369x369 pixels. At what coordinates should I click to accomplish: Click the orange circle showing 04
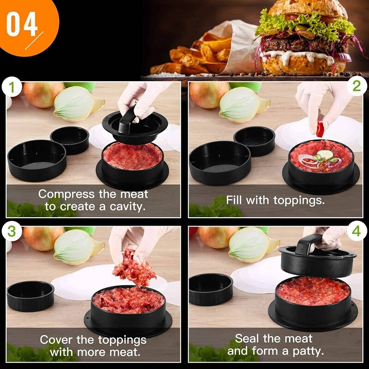23,23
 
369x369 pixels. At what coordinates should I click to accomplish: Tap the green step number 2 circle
356,87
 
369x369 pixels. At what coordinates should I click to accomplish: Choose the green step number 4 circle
356,232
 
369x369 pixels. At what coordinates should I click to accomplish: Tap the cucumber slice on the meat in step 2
325,154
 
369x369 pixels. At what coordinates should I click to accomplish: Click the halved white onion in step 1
76,105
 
